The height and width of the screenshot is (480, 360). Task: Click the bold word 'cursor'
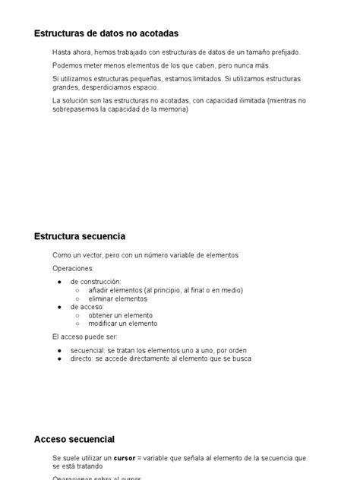coord(125,458)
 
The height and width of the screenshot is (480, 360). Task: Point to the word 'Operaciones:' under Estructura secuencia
coord(73,268)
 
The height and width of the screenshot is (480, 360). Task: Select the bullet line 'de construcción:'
coord(96,282)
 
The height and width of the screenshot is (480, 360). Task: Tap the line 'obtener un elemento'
coord(121,315)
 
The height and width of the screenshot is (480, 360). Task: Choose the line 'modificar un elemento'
coord(123,324)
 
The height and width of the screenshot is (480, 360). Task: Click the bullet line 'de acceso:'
coord(87,307)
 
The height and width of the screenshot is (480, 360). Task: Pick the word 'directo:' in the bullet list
coord(84,358)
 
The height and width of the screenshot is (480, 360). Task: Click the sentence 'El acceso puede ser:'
coord(85,336)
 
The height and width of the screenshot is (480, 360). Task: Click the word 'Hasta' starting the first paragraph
coord(62,52)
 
